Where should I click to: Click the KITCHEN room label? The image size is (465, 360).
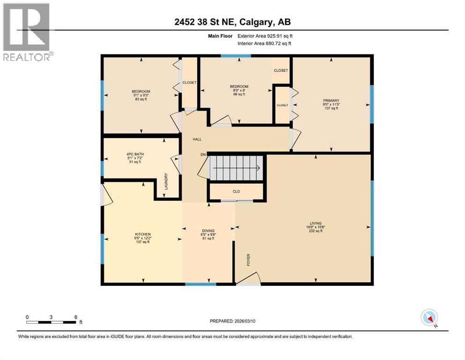click(142, 234)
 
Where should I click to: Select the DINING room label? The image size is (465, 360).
click(208, 231)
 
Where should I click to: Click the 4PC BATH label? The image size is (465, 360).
click(140, 154)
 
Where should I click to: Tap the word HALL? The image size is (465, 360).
click(198, 139)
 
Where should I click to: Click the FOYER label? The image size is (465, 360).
click(249, 260)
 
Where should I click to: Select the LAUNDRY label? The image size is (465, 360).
click(166, 181)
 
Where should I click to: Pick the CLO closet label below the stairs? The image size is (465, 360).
click(236, 191)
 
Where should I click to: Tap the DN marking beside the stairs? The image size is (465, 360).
click(203, 154)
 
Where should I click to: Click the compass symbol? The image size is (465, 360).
click(429, 318)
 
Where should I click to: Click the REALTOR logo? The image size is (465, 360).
click(26, 32)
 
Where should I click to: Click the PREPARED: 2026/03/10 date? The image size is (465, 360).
click(232, 321)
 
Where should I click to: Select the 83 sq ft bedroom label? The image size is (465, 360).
click(140, 99)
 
